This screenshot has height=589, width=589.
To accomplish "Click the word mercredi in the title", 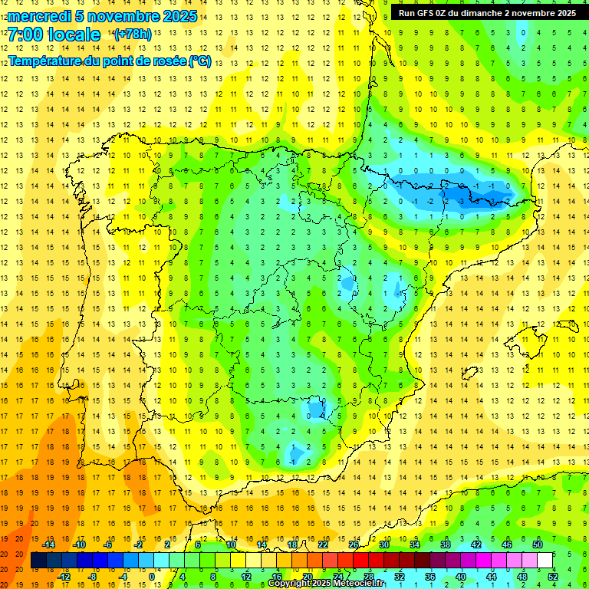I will tap(41, 16).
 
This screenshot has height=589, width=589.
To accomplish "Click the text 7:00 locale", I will tap(54, 35).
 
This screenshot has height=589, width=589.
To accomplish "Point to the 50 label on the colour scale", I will tap(538, 545).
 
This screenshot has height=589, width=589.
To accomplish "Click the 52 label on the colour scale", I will tap(553, 577).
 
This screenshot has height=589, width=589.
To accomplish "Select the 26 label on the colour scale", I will tap(354, 545).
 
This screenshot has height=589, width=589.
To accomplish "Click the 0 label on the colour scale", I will tap(153, 577).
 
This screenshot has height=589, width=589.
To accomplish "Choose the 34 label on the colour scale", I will tap(415, 545).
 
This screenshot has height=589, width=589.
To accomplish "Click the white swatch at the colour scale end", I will tap(545, 561).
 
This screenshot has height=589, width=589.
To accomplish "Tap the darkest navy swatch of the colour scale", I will tap(38, 561).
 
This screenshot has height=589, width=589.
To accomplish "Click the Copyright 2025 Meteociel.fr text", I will tap(326, 584).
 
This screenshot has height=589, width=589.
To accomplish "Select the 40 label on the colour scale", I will tap(461, 577).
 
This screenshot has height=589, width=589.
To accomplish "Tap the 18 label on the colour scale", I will tap(292, 545).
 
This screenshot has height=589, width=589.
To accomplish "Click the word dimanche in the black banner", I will tap(481, 13).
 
